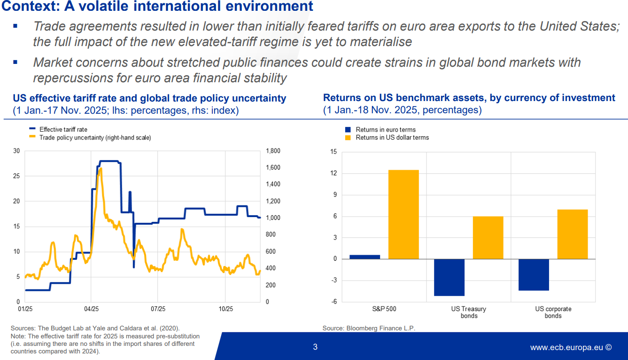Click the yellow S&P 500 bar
coord(403,214)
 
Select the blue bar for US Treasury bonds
coord(449,277)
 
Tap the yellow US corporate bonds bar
coord(572,234)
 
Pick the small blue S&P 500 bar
coord(365,257)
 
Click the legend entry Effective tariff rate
coord(63,129)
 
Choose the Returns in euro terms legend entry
coord(385,130)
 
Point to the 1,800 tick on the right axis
coord(273,151)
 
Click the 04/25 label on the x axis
coord(91,309)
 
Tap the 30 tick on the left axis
coord(17,151)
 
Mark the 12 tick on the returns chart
coord(333,173)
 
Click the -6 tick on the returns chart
coord(333,302)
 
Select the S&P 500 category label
coord(384,309)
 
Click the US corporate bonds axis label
coord(553,312)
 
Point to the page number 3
coord(315,347)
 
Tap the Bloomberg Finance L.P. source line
coord(369,328)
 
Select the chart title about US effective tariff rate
coord(149,98)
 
